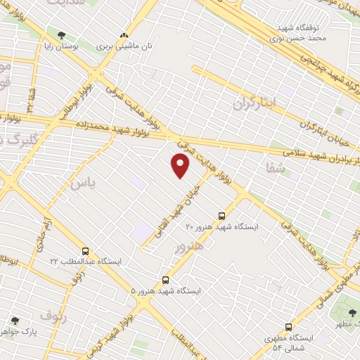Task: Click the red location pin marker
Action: pos(181,166)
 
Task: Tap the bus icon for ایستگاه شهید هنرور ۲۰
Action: pos(222,216)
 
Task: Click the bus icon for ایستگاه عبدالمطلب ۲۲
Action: pos(86,251)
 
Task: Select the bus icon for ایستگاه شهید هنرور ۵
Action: pos(166,279)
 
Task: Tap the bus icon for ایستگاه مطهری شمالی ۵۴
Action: pos(288,327)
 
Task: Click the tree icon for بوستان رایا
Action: pos(62,34)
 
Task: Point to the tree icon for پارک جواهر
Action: pos(15,321)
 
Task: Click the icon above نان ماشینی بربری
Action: pos(124,34)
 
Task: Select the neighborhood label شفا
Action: pos(276,168)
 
